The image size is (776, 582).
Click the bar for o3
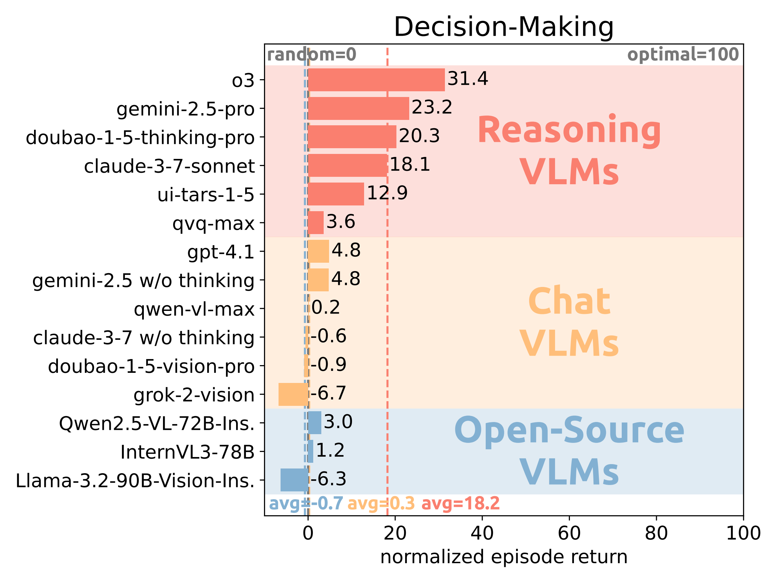coord(376,80)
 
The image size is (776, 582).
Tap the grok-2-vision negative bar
coord(293,394)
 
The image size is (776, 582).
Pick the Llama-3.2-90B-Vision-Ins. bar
coord(294,480)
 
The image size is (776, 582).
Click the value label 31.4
coord(467,78)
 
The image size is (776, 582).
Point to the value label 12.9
coord(387,193)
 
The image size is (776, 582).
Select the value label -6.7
coord(328,393)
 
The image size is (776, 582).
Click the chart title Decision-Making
coord(504,27)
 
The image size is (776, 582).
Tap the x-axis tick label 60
coord(569,533)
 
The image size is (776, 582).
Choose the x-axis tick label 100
coord(743,533)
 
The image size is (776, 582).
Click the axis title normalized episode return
coord(504,557)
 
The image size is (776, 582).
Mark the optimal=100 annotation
coord(683,55)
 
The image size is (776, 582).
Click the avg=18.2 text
coord(460,504)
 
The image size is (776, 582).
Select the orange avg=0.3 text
coord(381,504)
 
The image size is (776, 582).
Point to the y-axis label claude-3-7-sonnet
coord(169,166)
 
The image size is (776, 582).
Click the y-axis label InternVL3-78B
coord(187,452)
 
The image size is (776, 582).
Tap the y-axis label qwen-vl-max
coord(194,309)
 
